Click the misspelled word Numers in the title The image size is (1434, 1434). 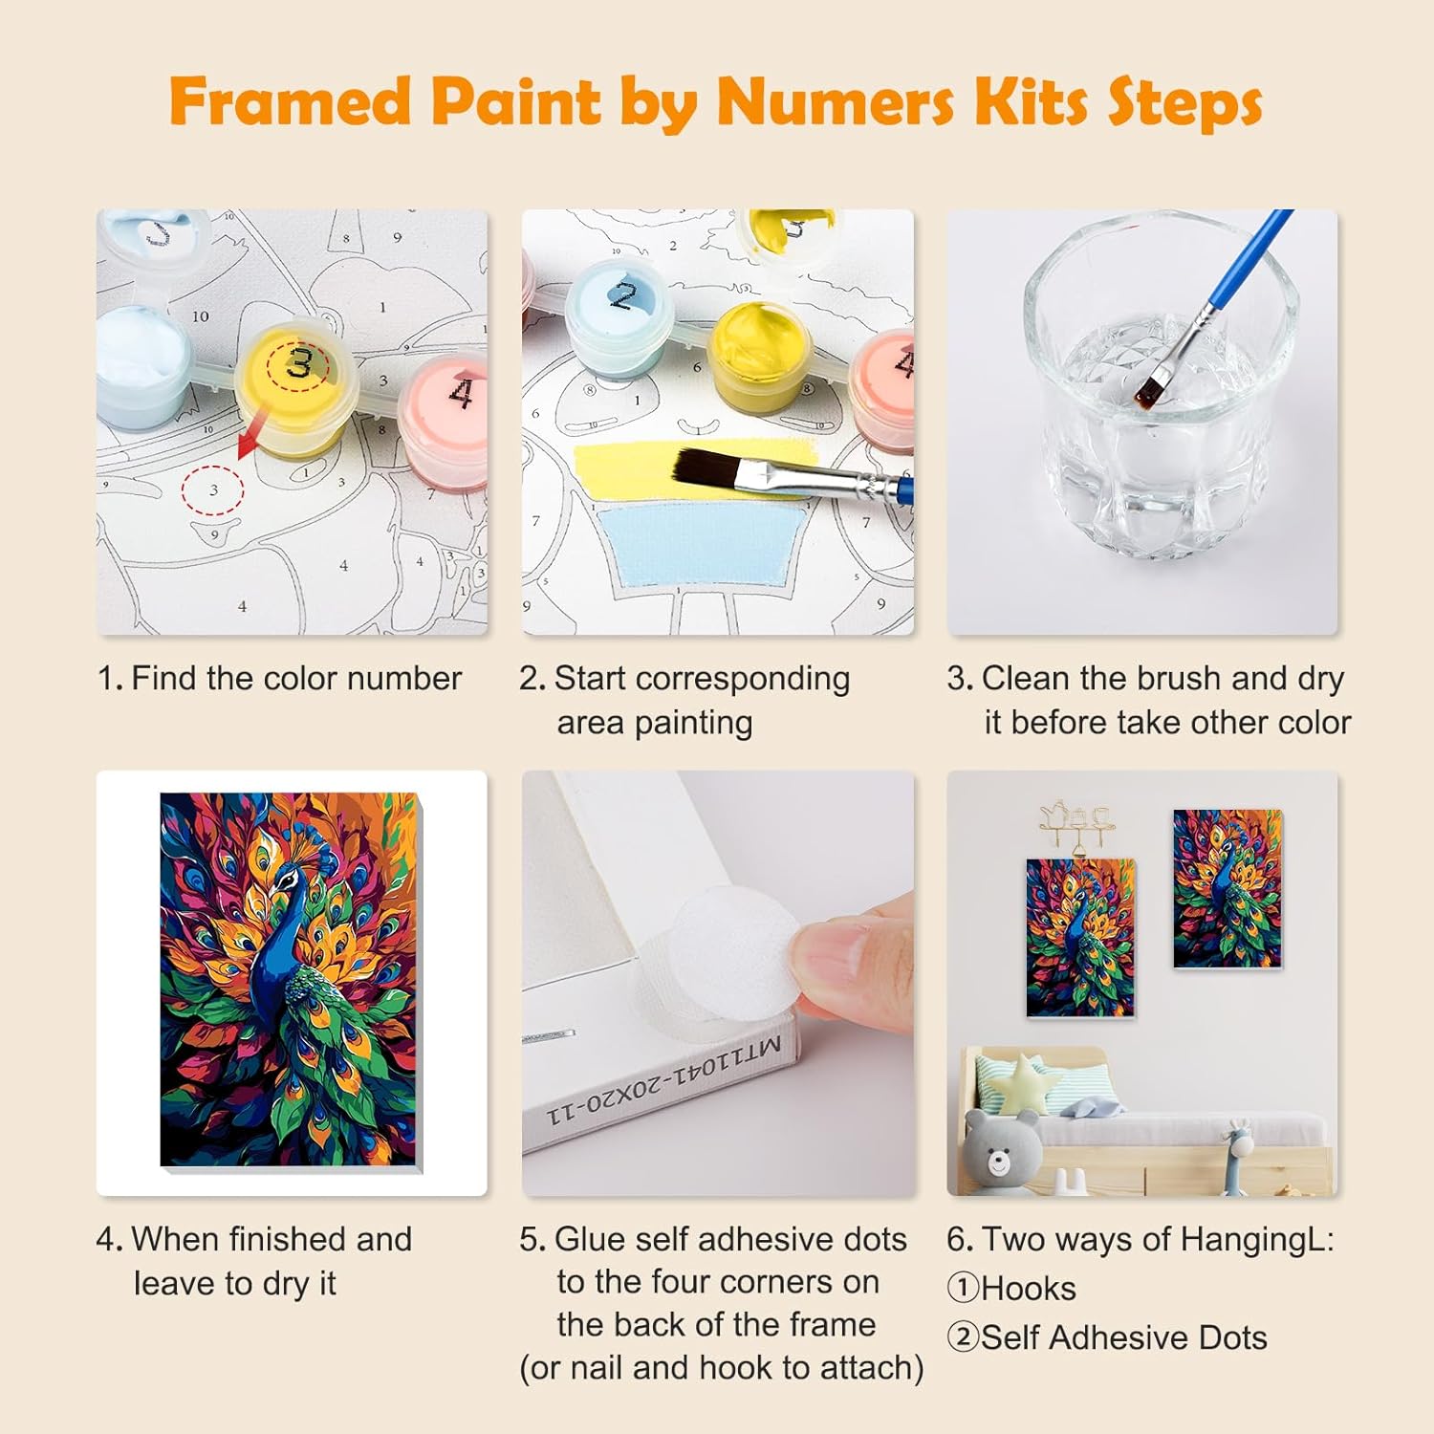click(836, 102)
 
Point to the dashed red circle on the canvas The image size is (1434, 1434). click(213, 490)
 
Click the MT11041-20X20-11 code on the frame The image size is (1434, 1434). click(665, 1079)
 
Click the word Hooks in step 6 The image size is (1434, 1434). click(1029, 1289)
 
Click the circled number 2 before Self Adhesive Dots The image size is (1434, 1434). click(963, 1337)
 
